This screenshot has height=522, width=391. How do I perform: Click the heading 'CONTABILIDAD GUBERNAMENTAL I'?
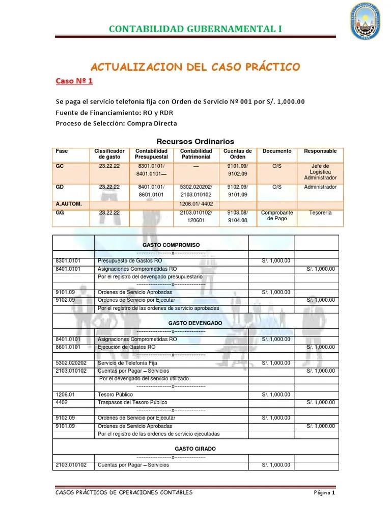[x=195, y=29]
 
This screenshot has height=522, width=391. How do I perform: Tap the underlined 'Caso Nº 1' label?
[x=74, y=81]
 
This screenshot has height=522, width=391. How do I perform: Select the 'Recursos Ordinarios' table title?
[x=195, y=141]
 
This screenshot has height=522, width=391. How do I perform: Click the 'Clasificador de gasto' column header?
[x=109, y=154]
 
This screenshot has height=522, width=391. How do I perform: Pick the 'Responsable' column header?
[x=320, y=151]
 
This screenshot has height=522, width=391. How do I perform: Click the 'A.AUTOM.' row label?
[x=69, y=203]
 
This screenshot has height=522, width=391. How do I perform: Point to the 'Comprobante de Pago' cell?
[x=277, y=216]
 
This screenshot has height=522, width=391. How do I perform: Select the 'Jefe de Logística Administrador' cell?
[x=320, y=172]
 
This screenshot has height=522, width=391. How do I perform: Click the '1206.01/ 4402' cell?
[x=195, y=203]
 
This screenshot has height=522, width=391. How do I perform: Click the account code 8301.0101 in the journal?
[x=68, y=261]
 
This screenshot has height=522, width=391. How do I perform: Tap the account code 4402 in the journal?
[x=62, y=402]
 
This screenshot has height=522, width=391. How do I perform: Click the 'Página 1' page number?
[x=324, y=493]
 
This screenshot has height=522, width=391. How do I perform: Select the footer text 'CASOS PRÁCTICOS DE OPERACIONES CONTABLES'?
[x=124, y=493]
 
